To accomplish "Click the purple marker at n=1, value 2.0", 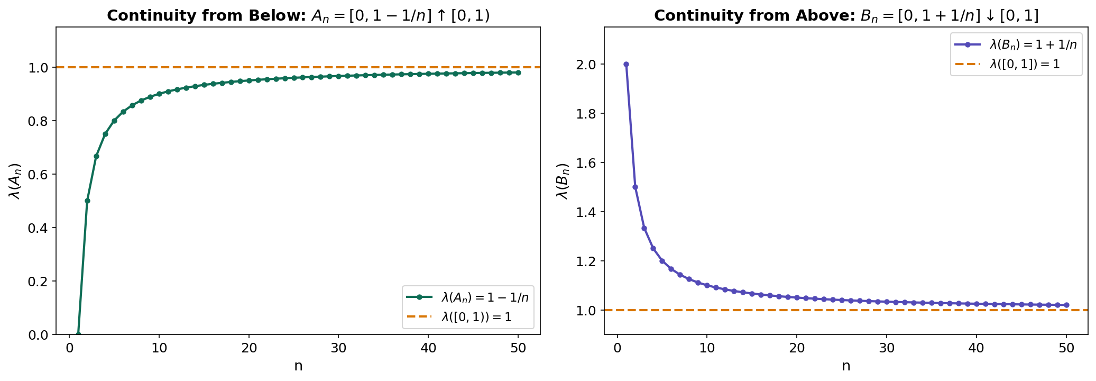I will tap(626, 64).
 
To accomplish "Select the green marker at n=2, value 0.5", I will tap(87, 201).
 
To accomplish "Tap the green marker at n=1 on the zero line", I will tap(78, 334).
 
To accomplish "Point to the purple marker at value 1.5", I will tap(635, 187).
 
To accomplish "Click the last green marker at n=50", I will tap(518, 72).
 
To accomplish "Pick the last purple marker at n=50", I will tap(1066, 305).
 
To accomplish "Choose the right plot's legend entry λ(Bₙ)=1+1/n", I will tap(1033, 44).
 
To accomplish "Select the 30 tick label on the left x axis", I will tap(338, 348).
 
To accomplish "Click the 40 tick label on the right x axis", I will tap(977, 348).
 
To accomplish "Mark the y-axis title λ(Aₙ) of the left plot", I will tap(16, 180).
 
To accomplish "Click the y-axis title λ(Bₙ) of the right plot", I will tap(564, 180).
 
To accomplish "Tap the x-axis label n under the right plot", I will tap(846, 366).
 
